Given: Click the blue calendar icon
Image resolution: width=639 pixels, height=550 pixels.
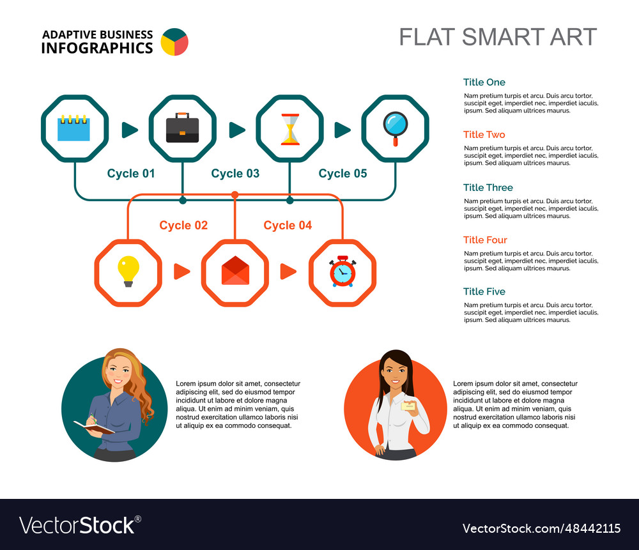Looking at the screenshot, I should click(74, 128).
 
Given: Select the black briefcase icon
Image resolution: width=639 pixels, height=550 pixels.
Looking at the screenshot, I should click(182, 128).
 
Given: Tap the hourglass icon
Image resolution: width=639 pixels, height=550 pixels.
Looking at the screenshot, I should click(289, 129).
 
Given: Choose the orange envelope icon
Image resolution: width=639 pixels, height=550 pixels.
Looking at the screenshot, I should click(235, 271).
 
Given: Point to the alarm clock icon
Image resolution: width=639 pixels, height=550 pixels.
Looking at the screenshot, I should click(343, 271).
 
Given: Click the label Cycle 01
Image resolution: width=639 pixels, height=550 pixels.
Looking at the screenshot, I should click(131, 173).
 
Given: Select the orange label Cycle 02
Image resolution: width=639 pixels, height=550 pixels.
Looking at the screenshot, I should click(183, 225).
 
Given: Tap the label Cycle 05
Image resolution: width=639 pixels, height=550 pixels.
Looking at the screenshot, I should click(343, 173).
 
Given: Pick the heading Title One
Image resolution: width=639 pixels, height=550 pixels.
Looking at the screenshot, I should click(484, 82).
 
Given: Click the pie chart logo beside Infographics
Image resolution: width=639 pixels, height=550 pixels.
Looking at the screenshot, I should click(174, 42).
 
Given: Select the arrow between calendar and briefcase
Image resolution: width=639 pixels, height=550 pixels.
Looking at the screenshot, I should click(130, 130).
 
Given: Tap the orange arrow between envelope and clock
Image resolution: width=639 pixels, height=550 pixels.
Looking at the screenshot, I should click(288, 271).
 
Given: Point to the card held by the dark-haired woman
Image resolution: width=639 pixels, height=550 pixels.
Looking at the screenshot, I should click(408, 406).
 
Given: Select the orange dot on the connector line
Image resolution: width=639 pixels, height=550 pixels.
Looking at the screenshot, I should click(235, 194).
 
